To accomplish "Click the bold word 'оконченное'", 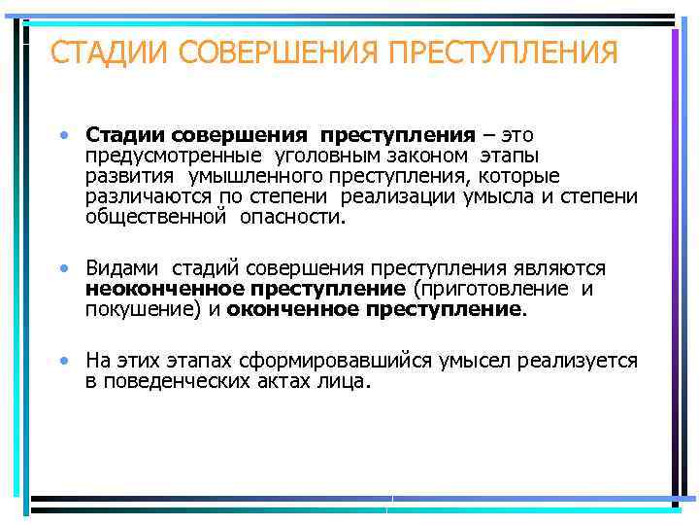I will pyautogui.click(x=292, y=309).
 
